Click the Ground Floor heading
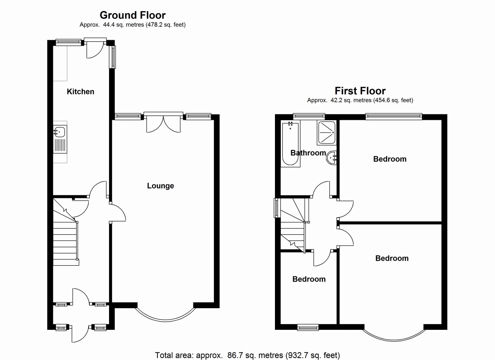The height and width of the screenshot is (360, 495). (133, 15)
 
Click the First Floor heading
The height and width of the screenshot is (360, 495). (360, 91)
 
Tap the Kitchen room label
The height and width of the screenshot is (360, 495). (80, 92)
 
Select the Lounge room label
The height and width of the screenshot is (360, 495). (160, 186)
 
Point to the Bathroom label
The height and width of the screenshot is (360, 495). (308, 153)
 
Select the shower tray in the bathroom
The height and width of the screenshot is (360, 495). (326, 132)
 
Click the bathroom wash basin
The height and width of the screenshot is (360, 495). (332, 158)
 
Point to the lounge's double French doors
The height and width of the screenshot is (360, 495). (163, 123)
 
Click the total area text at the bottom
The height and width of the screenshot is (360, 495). (247, 355)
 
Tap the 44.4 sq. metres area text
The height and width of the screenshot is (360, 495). (133, 25)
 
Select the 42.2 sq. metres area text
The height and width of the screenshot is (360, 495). (360, 101)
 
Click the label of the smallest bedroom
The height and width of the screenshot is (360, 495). (309, 279)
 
